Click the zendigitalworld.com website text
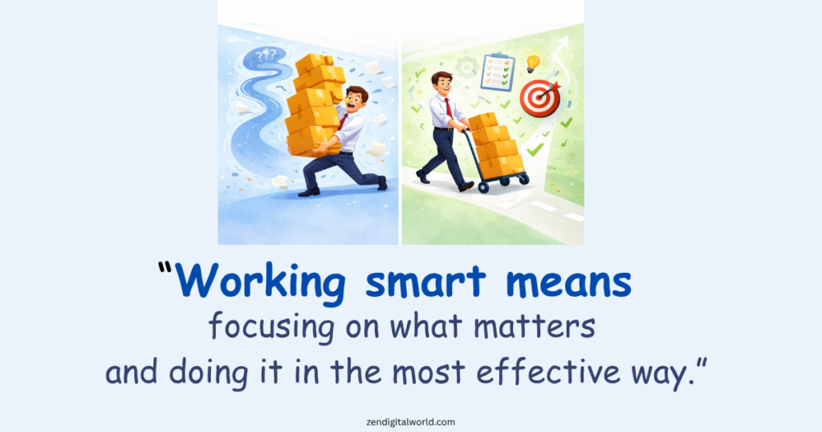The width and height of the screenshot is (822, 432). pyautogui.click(x=410, y=420)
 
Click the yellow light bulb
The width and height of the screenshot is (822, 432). pyautogui.click(x=531, y=63)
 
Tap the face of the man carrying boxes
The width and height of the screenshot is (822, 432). pyautogui.click(x=356, y=100)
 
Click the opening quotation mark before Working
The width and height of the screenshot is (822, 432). pyautogui.click(x=166, y=271)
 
